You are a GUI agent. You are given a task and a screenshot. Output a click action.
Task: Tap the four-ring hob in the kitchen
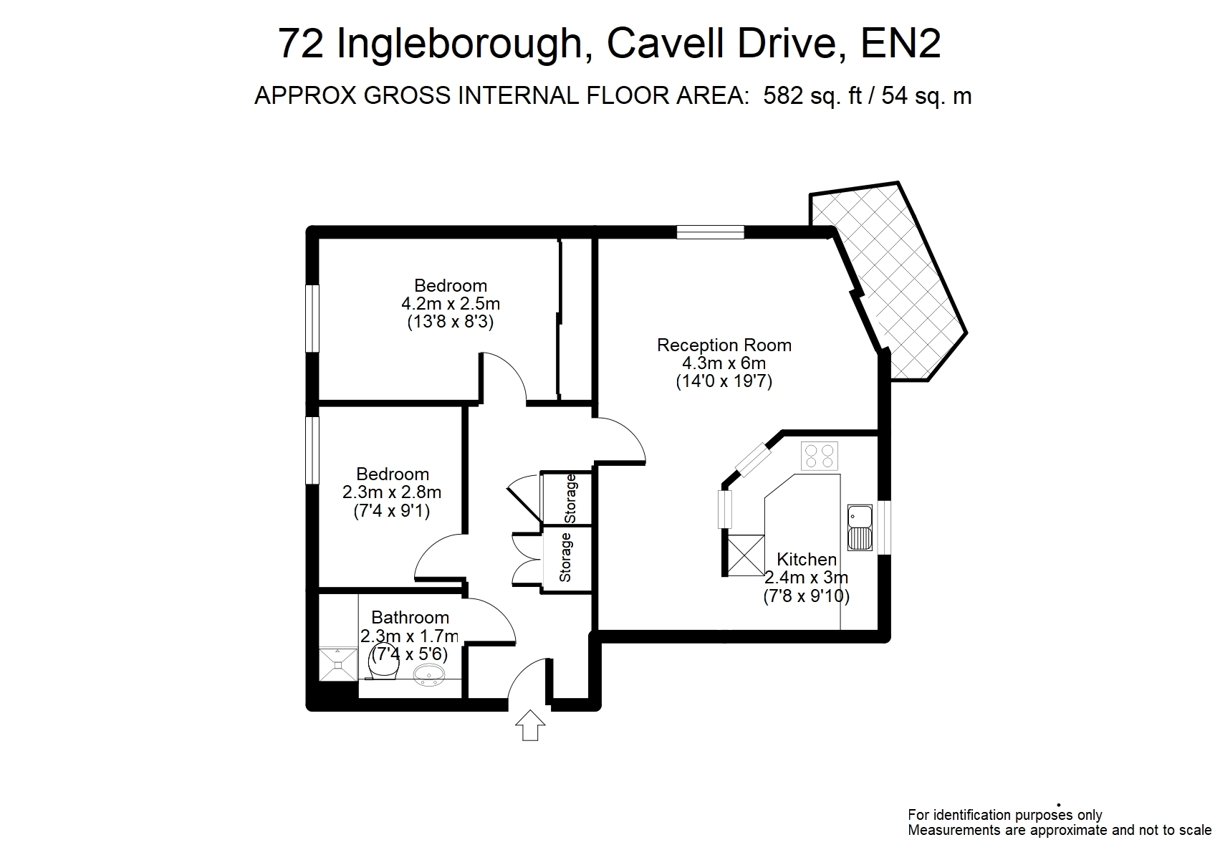click(819, 456)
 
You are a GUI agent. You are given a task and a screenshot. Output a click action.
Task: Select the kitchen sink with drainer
click(860, 528)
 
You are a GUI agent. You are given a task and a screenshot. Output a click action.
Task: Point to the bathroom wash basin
click(429, 676)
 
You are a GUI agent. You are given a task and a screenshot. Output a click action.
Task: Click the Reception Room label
click(724, 345)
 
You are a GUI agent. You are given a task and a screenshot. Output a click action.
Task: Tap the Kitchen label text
click(807, 559)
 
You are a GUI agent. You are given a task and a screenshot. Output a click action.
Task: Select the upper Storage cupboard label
click(570, 499)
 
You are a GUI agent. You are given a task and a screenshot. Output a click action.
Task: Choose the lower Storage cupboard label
click(565, 558)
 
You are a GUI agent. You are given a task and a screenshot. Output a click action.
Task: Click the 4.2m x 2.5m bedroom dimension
click(450, 303)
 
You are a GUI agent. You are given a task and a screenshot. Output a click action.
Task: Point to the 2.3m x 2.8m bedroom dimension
click(392, 492)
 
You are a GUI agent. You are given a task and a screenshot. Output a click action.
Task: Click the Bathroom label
click(410, 618)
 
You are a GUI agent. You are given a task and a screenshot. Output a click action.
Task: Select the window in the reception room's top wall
click(711, 232)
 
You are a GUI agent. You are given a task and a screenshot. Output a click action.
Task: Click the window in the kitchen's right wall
click(884, 527)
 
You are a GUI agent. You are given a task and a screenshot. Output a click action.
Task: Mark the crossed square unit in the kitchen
click(746, 555)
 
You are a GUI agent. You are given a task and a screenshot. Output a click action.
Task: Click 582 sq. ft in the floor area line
click(812, 95)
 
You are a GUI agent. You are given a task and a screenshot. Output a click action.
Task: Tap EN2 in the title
click(901, 43)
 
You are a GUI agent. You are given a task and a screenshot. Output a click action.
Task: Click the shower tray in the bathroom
click(338, 664)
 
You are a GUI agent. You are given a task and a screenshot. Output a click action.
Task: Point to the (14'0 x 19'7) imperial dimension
click(724, 381)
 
